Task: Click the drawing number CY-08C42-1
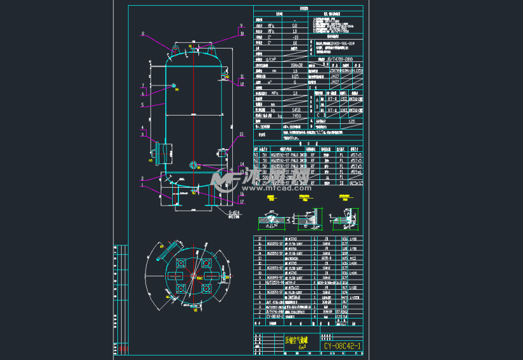pos(343,347)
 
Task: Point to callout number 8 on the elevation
pos(143,34)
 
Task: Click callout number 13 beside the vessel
pos(242,135)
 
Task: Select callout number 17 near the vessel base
pos(242,201)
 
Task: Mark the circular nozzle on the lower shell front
pos(193,164)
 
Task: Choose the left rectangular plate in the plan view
pos(173,276)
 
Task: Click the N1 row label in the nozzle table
pos(257,154)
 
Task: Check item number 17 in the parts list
pos(257,238)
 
